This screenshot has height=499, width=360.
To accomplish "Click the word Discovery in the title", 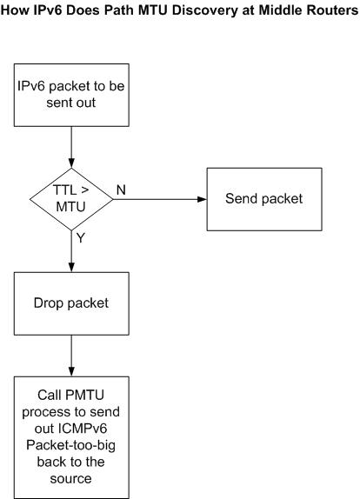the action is pyautogui.click(x=204, y=10).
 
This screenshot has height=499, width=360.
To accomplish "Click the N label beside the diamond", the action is pyautogui.click(x=121, y=190).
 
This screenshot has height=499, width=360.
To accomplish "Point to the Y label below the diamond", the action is pyautogui.click(x=81, y=237).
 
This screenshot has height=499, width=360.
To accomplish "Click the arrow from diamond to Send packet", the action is pyautogui.click(x=160, y=199).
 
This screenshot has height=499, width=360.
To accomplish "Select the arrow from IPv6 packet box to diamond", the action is pyautogui.click(x=71, y=147).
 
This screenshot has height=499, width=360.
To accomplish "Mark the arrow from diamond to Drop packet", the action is pyautogui.click(x=71, y=251).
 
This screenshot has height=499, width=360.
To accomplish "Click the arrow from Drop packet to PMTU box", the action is pyautogui.click(x=71, y=356).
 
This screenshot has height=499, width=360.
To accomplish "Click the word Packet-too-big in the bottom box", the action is pyautogui.click(x=70, y=445).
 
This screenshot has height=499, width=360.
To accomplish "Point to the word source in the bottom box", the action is pyautogui.click(x=70, y=479).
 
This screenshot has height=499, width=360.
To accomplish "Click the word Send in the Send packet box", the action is pyautogui.click(x=239, y=198).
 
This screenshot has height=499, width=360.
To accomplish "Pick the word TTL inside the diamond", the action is pyautogui.click(x=64, y=190).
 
